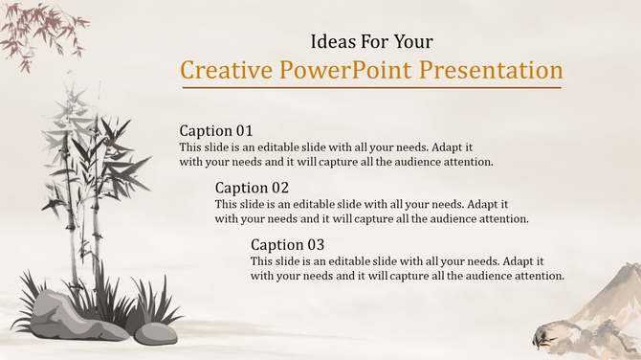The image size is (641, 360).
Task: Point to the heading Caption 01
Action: point(216,130)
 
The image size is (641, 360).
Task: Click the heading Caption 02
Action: point(252,188)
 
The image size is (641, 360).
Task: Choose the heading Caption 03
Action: point(287,244)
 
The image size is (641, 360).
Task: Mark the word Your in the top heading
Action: point(413,42)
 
